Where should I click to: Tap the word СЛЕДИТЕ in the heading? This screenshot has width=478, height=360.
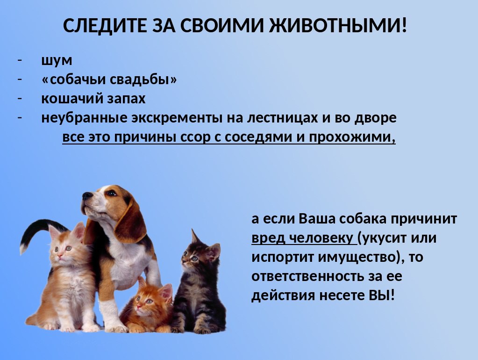105,26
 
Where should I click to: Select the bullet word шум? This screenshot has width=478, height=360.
57,61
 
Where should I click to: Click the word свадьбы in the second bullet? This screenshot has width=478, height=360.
143,79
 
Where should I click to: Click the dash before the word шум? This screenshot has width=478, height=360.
20,60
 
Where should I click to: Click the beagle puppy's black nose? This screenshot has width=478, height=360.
87,195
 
